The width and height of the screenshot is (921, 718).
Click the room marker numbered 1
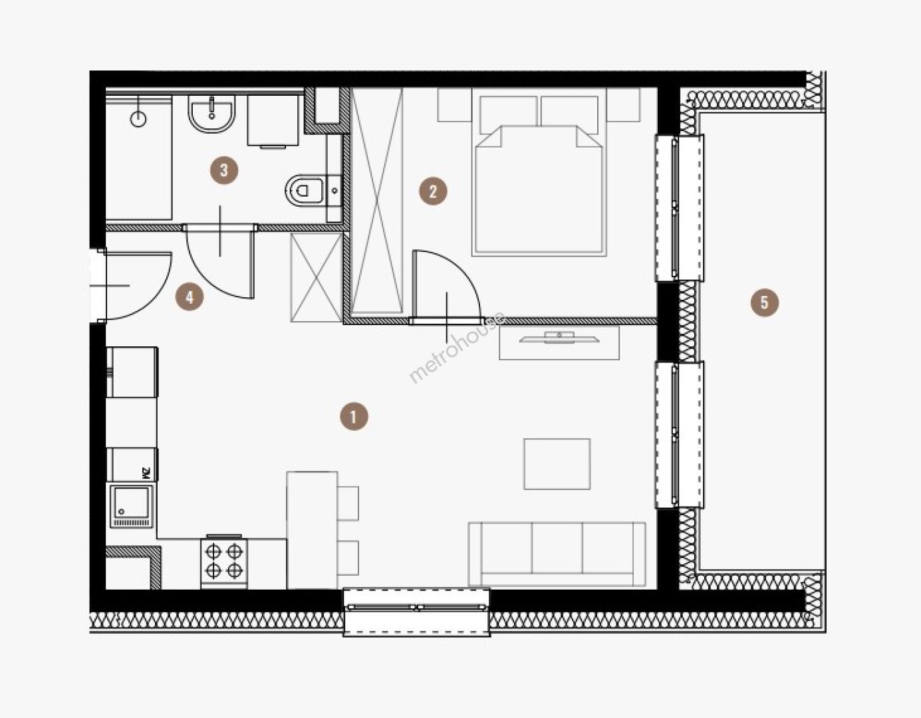[x=354, y=416]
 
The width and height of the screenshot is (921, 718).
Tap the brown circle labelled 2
[x=433, y=191]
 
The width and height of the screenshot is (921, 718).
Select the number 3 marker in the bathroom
[x=224, y=170]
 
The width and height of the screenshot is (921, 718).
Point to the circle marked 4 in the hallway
[x=190, y=297]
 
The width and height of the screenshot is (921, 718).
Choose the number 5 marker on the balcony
[x=764, y=302]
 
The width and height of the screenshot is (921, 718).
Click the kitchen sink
[x=132, y=507]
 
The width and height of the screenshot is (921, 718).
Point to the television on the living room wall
[x=559, y=338]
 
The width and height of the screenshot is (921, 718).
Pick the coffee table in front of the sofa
[x=557, y=464]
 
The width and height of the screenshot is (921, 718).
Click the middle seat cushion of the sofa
[x=557, y=548]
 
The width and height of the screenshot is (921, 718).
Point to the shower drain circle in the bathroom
[x=138, y=120]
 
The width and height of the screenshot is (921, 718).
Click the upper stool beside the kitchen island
[x=348, y=503]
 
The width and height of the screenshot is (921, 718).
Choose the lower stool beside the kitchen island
[x=348, y=558]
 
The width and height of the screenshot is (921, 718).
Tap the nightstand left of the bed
[x=455, y=104]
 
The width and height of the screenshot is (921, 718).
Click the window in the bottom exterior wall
[x=416, y=612]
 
